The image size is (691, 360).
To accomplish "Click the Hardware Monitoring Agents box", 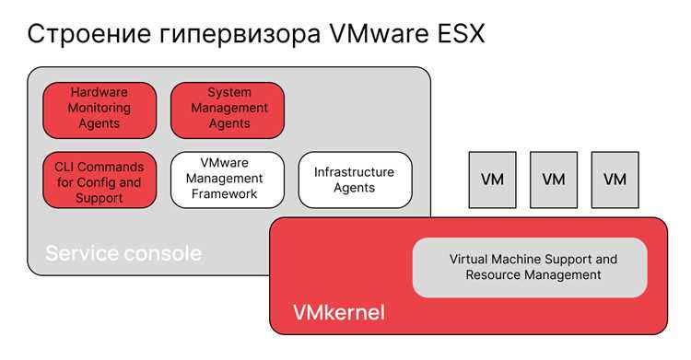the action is click(x=100, y=110).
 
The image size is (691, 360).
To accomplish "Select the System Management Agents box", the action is click(x=228, y=110).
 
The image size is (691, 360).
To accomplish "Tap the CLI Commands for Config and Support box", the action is click(x=100, y=180).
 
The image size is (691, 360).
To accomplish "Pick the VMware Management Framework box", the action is click(x=228, y=180).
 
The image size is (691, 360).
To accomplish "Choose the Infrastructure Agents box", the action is click(x=356, y=180).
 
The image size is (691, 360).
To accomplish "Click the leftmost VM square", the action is click(x=492, y=180).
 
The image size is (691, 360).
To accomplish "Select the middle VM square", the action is click(x=554, y=180).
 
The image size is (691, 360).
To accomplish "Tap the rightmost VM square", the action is click(x=615, y=180).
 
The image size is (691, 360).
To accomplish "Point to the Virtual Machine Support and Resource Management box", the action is click(x=530, y=267).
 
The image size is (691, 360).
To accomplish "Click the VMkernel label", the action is click(x=339, y=312).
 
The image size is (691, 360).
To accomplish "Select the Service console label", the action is click(x=123, y=253).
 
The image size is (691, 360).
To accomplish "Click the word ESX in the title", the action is click(x=461, y=33).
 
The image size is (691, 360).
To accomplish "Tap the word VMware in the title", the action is click(x=379, y=33).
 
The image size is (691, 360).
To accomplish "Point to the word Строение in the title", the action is click(x=89, y=34).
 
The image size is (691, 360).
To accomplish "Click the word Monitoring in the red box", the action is click(x=100, y=108).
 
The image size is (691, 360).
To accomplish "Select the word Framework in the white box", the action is click(x=224, y=194).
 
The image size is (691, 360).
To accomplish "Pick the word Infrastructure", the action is click(x=354, y=172).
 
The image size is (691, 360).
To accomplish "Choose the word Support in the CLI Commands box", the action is click(x=100, y=199).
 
